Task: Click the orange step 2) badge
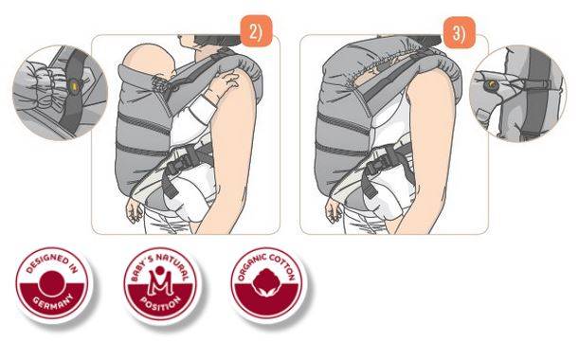[x=256, y=31]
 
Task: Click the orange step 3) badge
[x=459, y=33]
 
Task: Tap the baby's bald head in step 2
[x=148, y=62]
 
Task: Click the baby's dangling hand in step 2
[x=134, y=210]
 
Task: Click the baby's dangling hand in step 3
[x=334, y=210]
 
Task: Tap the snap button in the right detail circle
[x=491, y=85]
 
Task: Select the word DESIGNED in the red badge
[x=46, y=262]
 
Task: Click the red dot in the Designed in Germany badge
[x=52, y=283]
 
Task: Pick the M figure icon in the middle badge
[x=160, y=282]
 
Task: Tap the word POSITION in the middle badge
[x=161, y=303]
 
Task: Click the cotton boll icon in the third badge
[x=267, y=282]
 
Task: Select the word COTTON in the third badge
[x=281, y=265]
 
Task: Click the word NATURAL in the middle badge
[x=172, y=264]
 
